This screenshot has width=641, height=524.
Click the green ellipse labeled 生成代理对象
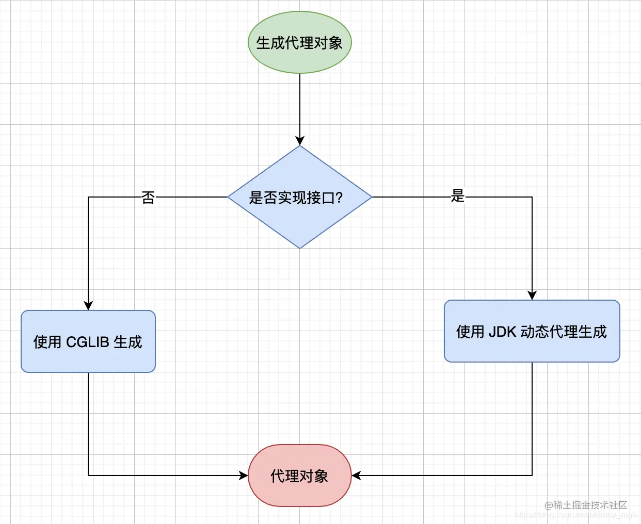299,42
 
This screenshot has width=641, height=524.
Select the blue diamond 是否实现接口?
299,197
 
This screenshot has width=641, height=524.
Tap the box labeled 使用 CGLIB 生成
88,341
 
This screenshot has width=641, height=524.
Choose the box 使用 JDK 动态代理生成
532,331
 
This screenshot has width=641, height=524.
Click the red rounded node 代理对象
299,476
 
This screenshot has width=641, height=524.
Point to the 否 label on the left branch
148,197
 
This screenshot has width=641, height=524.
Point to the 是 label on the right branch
458,196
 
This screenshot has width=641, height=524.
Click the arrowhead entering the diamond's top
300,141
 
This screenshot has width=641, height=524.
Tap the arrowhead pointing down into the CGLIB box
88,305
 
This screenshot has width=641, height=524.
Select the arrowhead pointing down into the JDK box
532,295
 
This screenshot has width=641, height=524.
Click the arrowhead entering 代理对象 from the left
244,476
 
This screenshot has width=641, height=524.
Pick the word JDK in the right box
502,332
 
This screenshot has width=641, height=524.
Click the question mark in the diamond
339,198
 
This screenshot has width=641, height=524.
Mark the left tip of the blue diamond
229,197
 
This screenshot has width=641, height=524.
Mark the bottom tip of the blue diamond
300,248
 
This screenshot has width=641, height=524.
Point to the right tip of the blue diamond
371,197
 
